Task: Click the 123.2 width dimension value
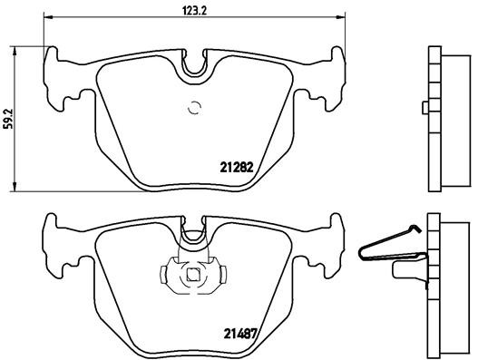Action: (195, 11)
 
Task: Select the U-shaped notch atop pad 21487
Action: (192, 236)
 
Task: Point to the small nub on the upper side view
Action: (424, 109)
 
